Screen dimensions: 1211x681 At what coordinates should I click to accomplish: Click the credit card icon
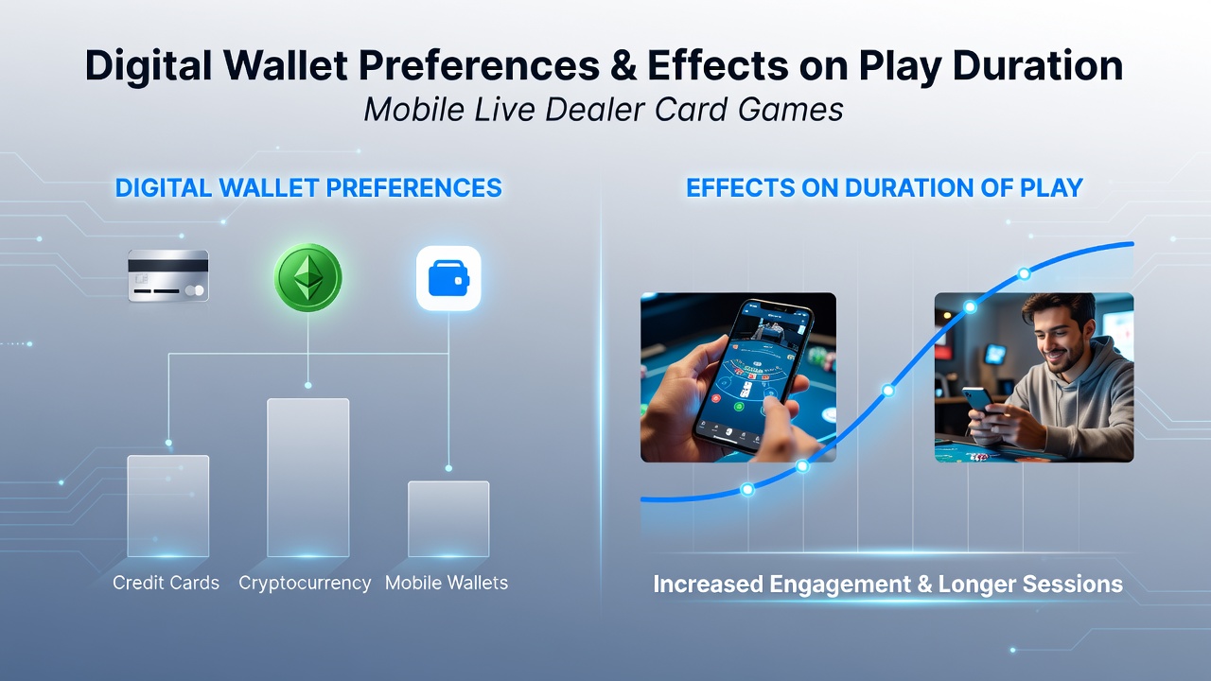point(168,275)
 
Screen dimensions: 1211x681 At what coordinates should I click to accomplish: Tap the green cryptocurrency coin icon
point(307,277)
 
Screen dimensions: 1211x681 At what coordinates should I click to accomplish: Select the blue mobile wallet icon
point(448,278)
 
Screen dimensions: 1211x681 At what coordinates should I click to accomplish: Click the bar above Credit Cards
point(168,506)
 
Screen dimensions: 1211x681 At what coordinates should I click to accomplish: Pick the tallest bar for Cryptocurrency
point(308,478)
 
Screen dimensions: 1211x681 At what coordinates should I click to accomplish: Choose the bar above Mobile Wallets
point(448,519)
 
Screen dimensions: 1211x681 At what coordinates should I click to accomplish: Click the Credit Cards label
point(166,583)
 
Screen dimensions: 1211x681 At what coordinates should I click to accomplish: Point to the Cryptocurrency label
point(305,584)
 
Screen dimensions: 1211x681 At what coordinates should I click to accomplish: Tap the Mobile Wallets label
point(447,583)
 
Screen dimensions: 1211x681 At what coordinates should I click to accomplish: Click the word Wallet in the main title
point(286,65)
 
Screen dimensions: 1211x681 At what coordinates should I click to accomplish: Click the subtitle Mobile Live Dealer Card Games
point(604,110)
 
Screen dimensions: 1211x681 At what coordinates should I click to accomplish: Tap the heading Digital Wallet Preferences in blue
point(308,188)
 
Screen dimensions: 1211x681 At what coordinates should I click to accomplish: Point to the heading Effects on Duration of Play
point(885,188)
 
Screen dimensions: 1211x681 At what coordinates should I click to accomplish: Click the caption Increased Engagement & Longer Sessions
point(887,585)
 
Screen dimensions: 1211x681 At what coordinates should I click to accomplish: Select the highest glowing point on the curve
point(1024,274)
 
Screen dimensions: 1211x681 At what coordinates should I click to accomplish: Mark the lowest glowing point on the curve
point(747,490)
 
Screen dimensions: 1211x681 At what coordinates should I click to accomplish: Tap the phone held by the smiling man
point(978,401)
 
